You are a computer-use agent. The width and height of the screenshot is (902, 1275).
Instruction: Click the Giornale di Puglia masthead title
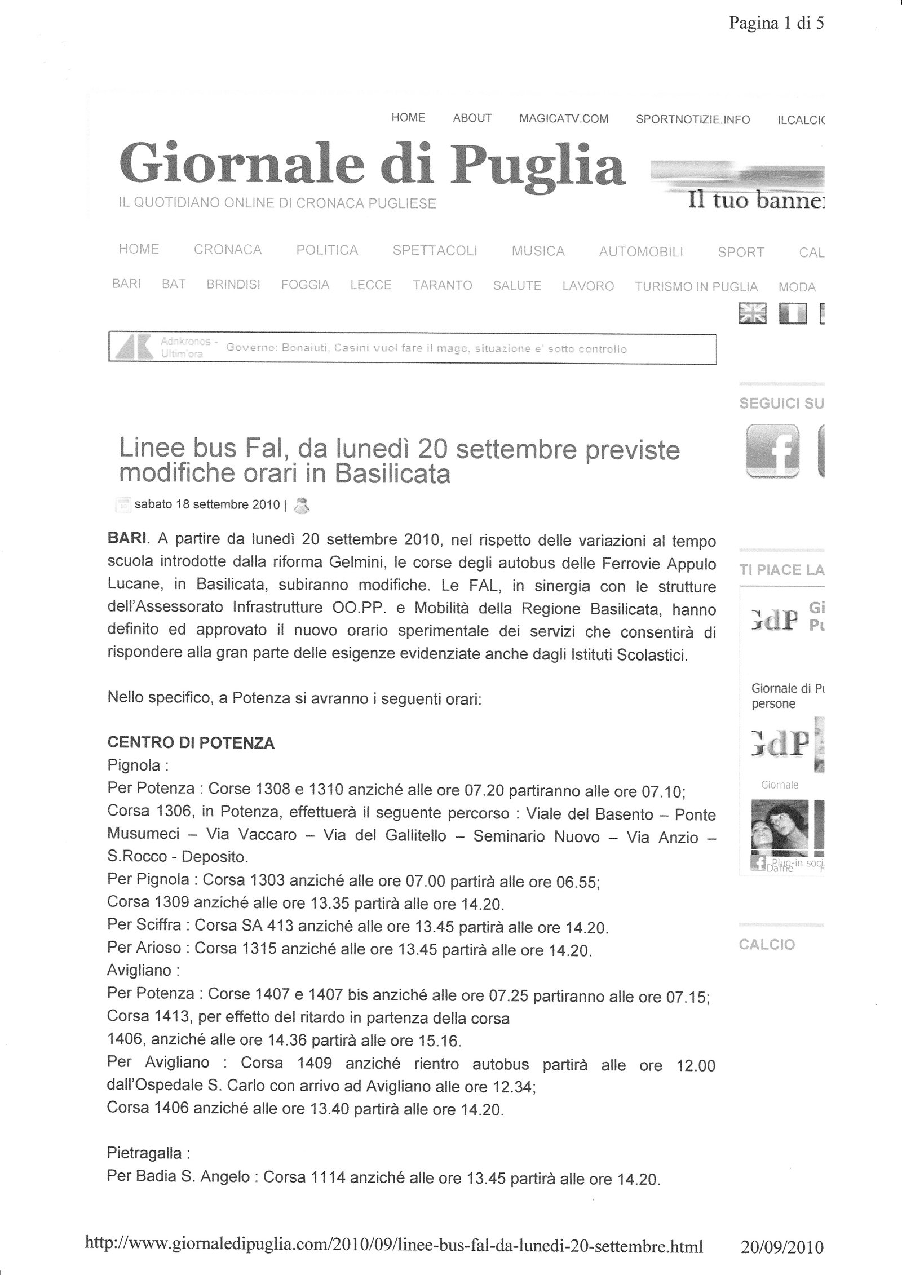click(372, 165)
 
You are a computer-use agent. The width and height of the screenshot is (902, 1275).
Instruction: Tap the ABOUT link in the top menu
click(472, 118)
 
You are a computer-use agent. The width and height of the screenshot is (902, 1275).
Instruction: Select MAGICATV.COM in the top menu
click(564, 119)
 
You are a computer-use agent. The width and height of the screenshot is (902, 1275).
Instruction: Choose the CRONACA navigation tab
click(228, 250)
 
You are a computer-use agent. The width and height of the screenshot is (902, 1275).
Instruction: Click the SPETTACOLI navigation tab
click(435, 251)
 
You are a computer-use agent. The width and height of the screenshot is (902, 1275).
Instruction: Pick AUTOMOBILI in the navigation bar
click(641, 252)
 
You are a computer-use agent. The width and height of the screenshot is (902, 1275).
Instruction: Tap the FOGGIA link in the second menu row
click(305, 285)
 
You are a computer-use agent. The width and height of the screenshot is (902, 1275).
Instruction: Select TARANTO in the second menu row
click(443, 285)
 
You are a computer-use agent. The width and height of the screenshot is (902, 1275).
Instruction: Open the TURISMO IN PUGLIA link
click(696, 287)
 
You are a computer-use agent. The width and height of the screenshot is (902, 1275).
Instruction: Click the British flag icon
click(752, 313)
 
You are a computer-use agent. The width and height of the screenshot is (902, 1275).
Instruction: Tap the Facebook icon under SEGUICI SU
click(772, 451)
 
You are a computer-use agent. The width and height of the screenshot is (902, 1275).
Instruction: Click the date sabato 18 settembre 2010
click(207, 504)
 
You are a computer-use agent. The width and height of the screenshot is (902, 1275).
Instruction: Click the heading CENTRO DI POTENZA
click(191, 743)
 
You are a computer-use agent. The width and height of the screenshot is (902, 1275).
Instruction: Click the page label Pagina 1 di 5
click(776, 23)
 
